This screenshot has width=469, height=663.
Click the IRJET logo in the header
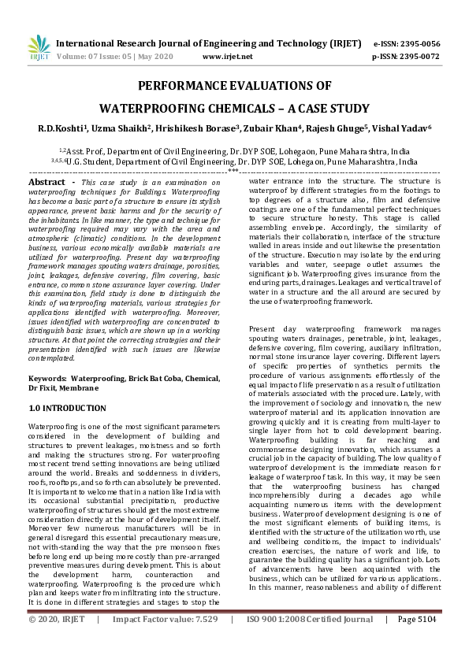pyautogui.click(x=33, y=49)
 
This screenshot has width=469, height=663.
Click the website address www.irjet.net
pyautogui.click(x=228, y=57)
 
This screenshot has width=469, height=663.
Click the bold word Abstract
pyautogui.click(x=47, y=183)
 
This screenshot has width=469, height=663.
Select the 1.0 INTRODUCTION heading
pyautogui.click(x=67, y=409)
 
